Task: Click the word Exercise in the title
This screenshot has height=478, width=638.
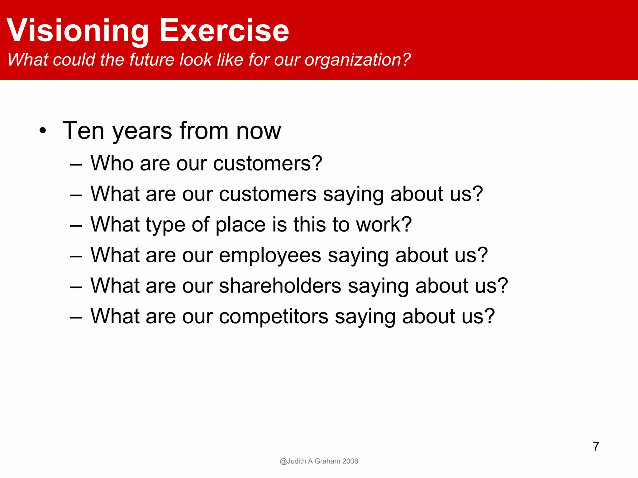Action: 224,30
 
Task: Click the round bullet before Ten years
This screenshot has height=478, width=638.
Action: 43,131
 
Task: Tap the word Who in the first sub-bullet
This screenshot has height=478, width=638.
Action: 112,163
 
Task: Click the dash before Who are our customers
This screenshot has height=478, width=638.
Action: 76,164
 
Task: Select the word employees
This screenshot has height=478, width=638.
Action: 270,255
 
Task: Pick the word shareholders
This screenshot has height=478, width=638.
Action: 280,286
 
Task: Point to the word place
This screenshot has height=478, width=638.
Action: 240,225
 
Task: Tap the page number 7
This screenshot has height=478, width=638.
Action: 596,446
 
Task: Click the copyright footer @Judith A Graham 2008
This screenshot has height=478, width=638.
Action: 319,461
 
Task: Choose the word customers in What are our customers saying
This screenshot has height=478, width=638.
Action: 268,194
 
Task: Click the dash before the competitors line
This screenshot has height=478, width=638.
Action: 76,317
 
